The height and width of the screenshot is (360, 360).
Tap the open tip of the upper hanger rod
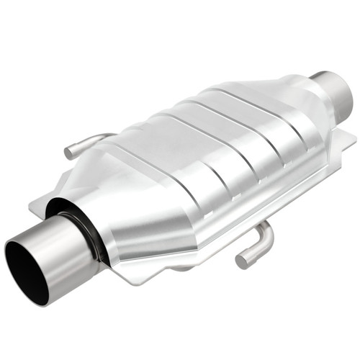click(69, 153)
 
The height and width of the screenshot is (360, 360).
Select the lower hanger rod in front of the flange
click(256, 245)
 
